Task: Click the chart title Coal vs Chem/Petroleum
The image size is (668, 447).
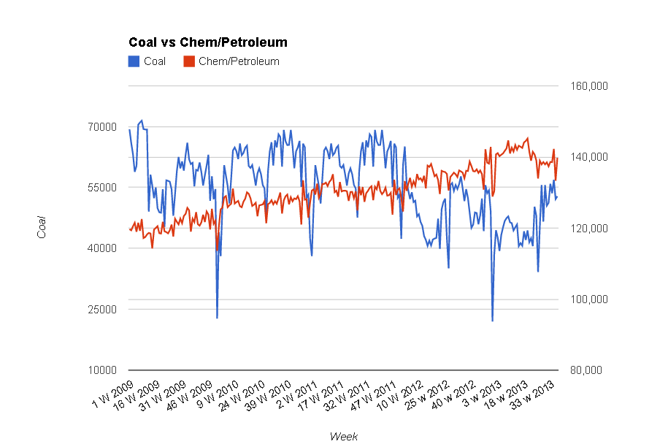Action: (x=207, y=42)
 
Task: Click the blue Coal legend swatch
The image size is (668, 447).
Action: (x=134, y=61)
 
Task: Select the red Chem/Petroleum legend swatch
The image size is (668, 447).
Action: (x=188, y=61)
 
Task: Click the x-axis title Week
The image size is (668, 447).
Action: (x=343, y=436)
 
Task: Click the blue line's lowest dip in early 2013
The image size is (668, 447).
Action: (x=492, y=320)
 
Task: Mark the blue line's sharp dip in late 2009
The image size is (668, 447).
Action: (x=217, y=317)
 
